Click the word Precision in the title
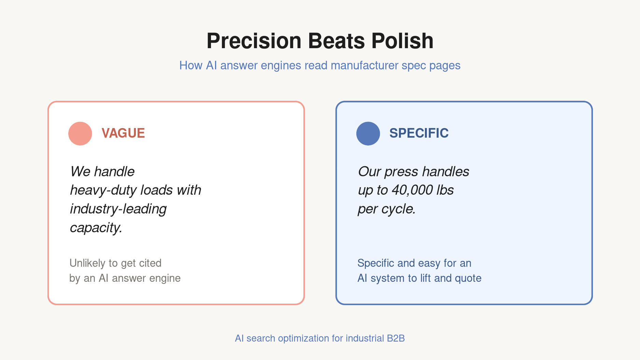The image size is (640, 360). point(254,41)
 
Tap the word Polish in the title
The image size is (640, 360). point(402,41)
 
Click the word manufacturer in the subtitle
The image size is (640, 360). point(365,65)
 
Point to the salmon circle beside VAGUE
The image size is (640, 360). point(80,134)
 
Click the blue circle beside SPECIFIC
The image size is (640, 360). point(368,134)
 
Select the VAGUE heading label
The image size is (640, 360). point(123,133)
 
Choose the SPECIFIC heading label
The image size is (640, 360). point(419,133)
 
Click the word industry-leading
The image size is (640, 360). point(118,209)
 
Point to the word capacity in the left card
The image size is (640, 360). point(95,228)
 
